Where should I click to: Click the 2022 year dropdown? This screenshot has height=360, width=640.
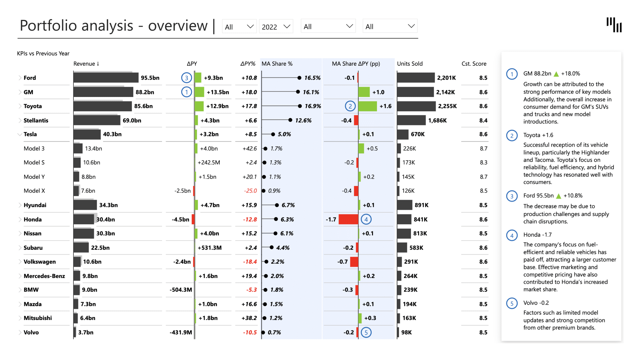[276, 27]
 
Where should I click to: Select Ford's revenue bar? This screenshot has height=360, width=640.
[106, 78]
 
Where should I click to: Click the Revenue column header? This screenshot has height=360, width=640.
[86, 64]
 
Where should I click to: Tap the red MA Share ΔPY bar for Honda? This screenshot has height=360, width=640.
[348, 219]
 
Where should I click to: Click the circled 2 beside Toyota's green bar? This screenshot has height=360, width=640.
[350, 106]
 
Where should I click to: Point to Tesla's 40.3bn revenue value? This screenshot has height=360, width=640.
[112, 134]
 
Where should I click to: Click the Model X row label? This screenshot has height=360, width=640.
[34, 191]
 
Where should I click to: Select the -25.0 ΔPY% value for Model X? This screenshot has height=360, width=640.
[250, 191]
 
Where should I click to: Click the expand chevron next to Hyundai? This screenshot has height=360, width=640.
[20, 205]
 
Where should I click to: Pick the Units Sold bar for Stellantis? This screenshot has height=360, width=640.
[411, 120]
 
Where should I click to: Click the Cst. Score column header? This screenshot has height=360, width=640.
[474, 64]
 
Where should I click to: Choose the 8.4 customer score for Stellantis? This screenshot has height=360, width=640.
[483, 120]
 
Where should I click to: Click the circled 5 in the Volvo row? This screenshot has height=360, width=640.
[366, 332]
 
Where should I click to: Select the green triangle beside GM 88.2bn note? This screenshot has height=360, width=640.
[556, 74]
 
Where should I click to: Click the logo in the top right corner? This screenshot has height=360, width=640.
[614, 25]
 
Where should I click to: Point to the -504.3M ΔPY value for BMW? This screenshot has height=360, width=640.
[181, 290]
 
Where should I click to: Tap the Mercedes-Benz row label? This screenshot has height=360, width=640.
[44, 276]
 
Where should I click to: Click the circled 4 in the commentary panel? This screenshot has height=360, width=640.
[512, 235]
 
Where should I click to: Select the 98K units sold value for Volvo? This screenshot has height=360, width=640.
[406, 332]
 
